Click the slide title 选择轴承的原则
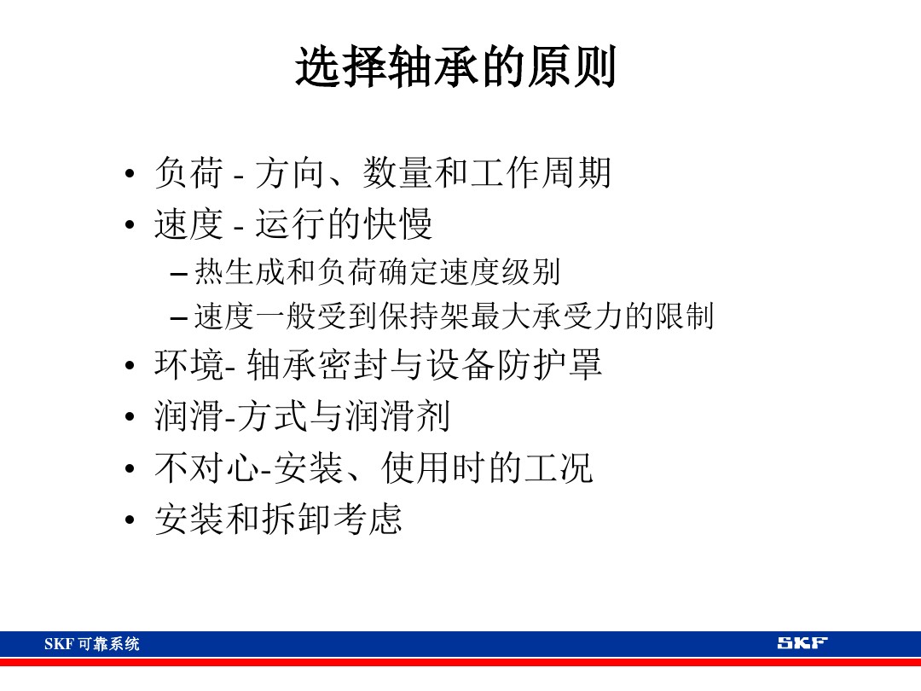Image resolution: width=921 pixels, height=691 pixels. point(455,68)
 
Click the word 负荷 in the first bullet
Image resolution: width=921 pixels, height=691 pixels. point(188,173)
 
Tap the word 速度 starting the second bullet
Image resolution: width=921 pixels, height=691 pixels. point(188,224)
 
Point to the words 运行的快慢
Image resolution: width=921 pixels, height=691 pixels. point(345,224)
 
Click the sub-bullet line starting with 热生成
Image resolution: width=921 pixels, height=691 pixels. point(377,273)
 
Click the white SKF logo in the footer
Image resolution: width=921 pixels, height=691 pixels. point(802,643)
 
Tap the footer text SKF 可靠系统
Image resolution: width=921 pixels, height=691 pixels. point(92,644)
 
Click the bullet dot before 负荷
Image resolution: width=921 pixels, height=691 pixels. point(130,176)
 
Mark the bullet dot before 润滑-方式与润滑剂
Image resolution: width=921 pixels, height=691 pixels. point(130,419)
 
